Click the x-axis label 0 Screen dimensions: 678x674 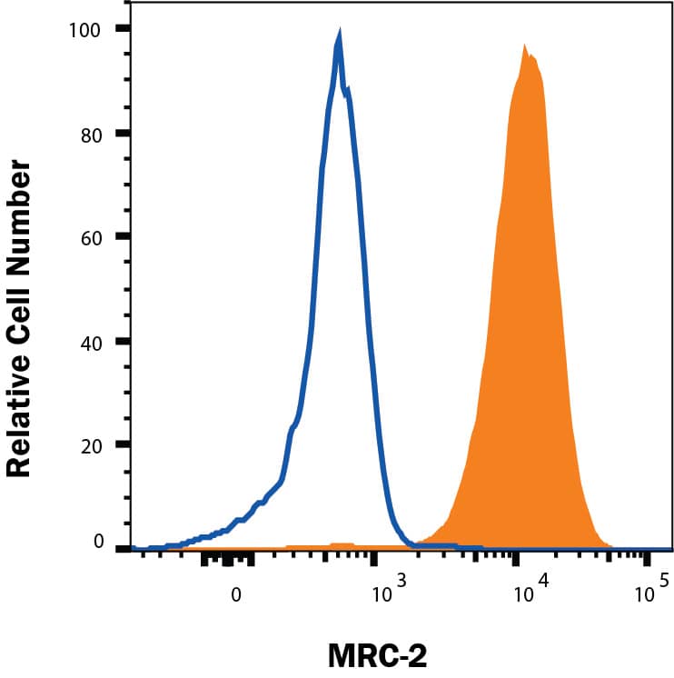coord(236,596)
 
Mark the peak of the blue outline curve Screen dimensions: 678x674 coord(339,36)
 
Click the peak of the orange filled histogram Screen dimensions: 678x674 coord(524,46)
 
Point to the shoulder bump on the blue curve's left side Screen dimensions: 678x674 coord(292,427)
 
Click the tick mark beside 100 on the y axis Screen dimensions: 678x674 coord(123,29)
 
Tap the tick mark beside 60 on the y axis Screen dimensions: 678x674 coord(123,237)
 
